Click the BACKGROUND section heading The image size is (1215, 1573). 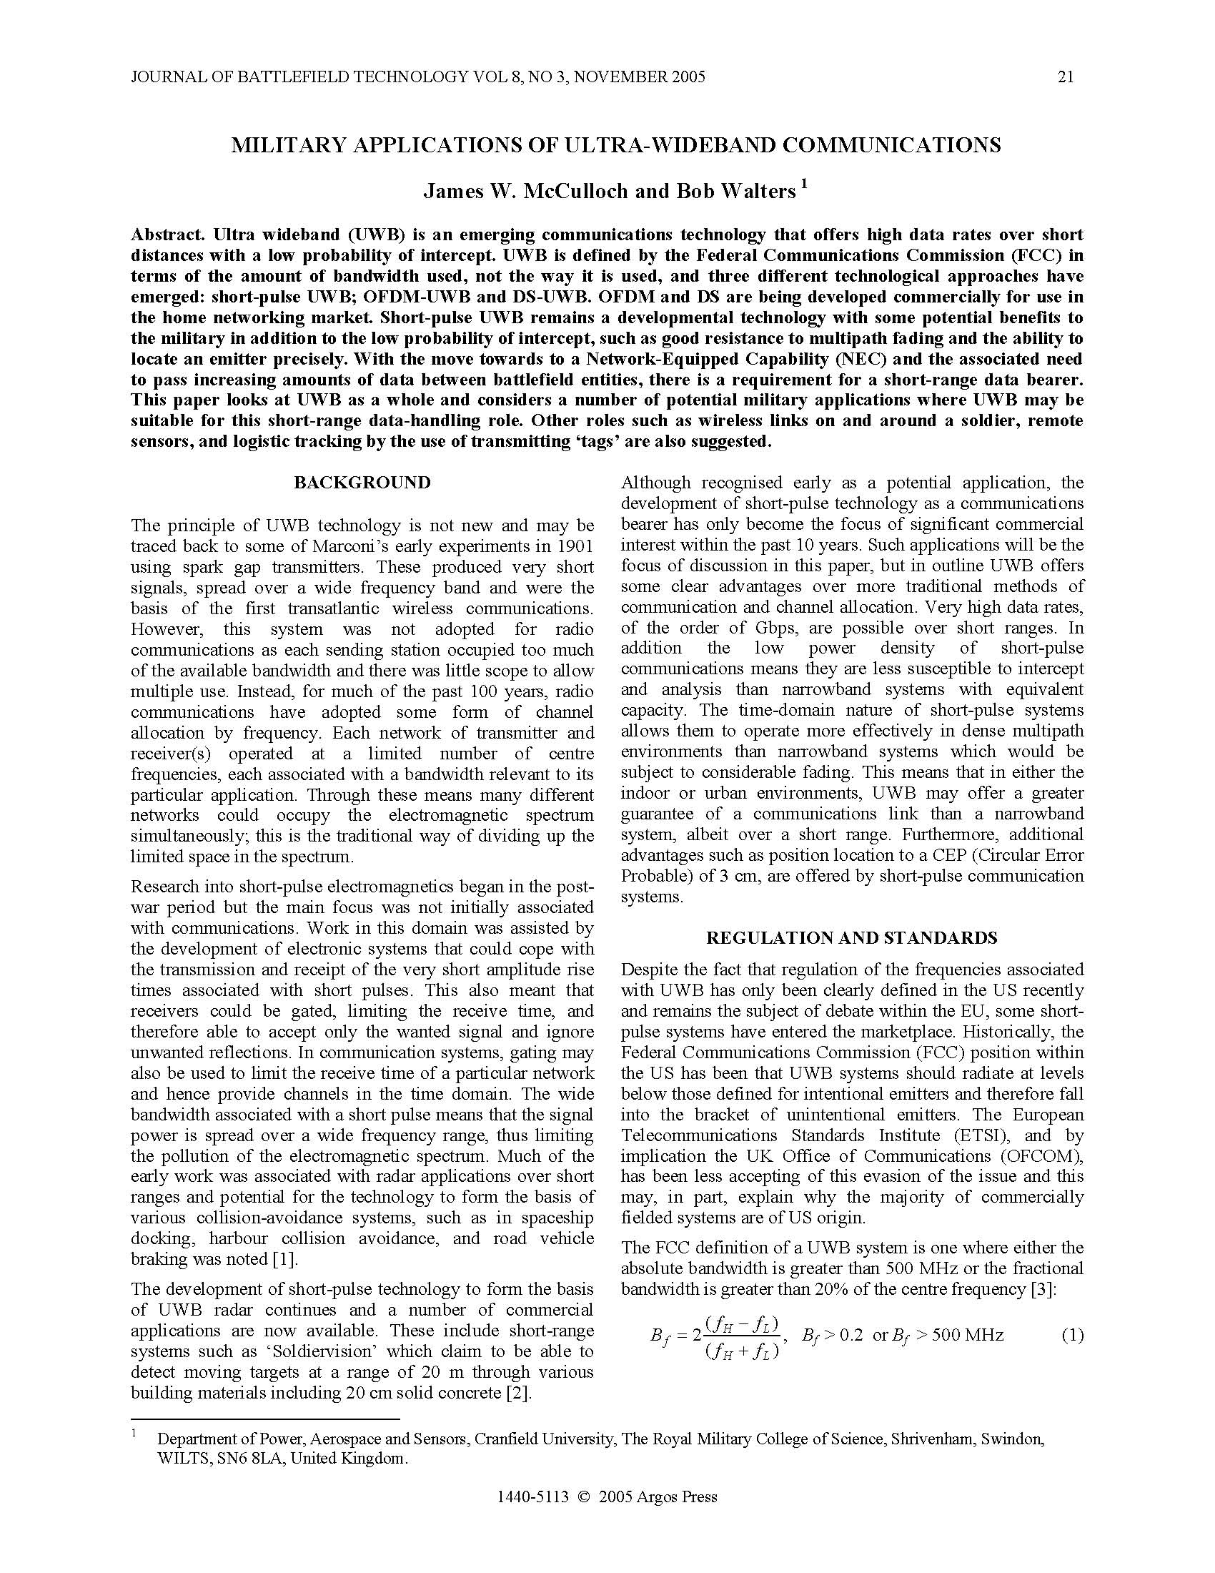[362, 483]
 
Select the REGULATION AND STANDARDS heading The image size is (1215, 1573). [851, 938]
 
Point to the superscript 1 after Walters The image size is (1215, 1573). [804, 184]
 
